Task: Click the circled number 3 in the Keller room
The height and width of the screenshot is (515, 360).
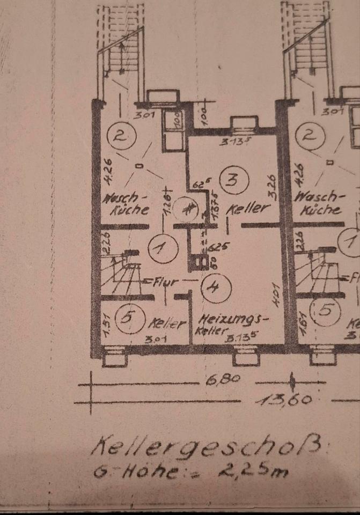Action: point(232,180)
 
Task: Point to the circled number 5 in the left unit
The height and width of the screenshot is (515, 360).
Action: point(128,317)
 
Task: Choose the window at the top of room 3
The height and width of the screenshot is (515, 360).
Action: point(244,126)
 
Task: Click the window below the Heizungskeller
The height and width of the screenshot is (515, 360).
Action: point(246,355)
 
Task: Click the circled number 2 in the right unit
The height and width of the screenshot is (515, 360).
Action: point(308,134)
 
